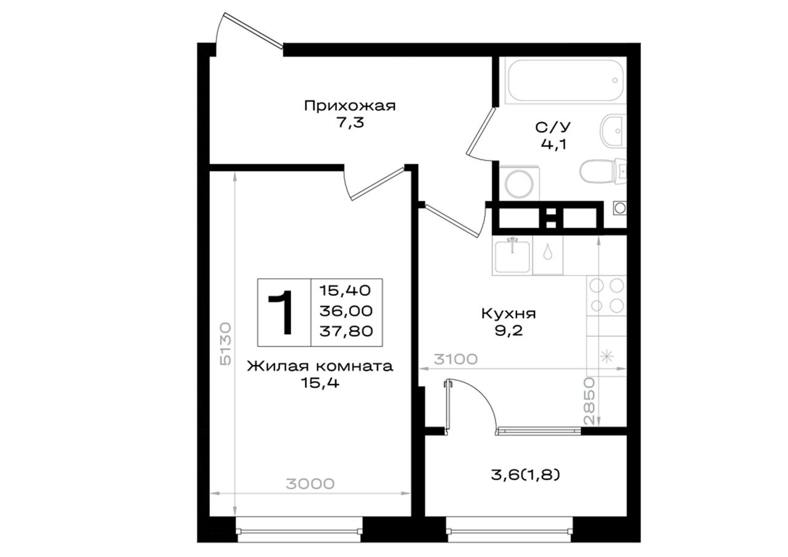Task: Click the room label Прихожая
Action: pyautogui.click(x=350, y=106)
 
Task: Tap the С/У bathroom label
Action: pyautogui.click(x=553, y=127)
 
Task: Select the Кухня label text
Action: pyautogui.click(x=509, y=314)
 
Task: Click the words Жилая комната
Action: pyautogui.click(x=320, y=366)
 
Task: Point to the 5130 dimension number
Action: pyautogui.click(x=225, y=343)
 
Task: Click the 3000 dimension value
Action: pyautogui.click(x=310, y=484)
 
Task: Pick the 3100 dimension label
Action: pyautogui.click(x=456, y=359)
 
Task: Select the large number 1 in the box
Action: pyautogui.click(x=281, y=312)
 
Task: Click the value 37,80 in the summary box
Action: pyautogui.click(x=346, y=331)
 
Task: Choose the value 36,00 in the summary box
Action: pyautogui.click(x=346, y=311)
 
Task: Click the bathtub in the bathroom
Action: pyautogui.click(x=565, y=81)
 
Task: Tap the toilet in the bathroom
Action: pyautogui.click(x=603, y=171)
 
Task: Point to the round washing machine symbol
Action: pyautogui.click(x=519, y=183)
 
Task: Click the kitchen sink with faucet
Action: pyautogui.click(x=512, y=255)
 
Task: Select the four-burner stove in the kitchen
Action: pyautogui.click(x=606, y=295)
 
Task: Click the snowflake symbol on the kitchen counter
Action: pyautogui.click(x=606, y=357)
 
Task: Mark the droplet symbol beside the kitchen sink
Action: pyautogui.click(x=547, y=252)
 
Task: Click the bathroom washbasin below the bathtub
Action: pyautogui.click(x=613, y=131)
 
